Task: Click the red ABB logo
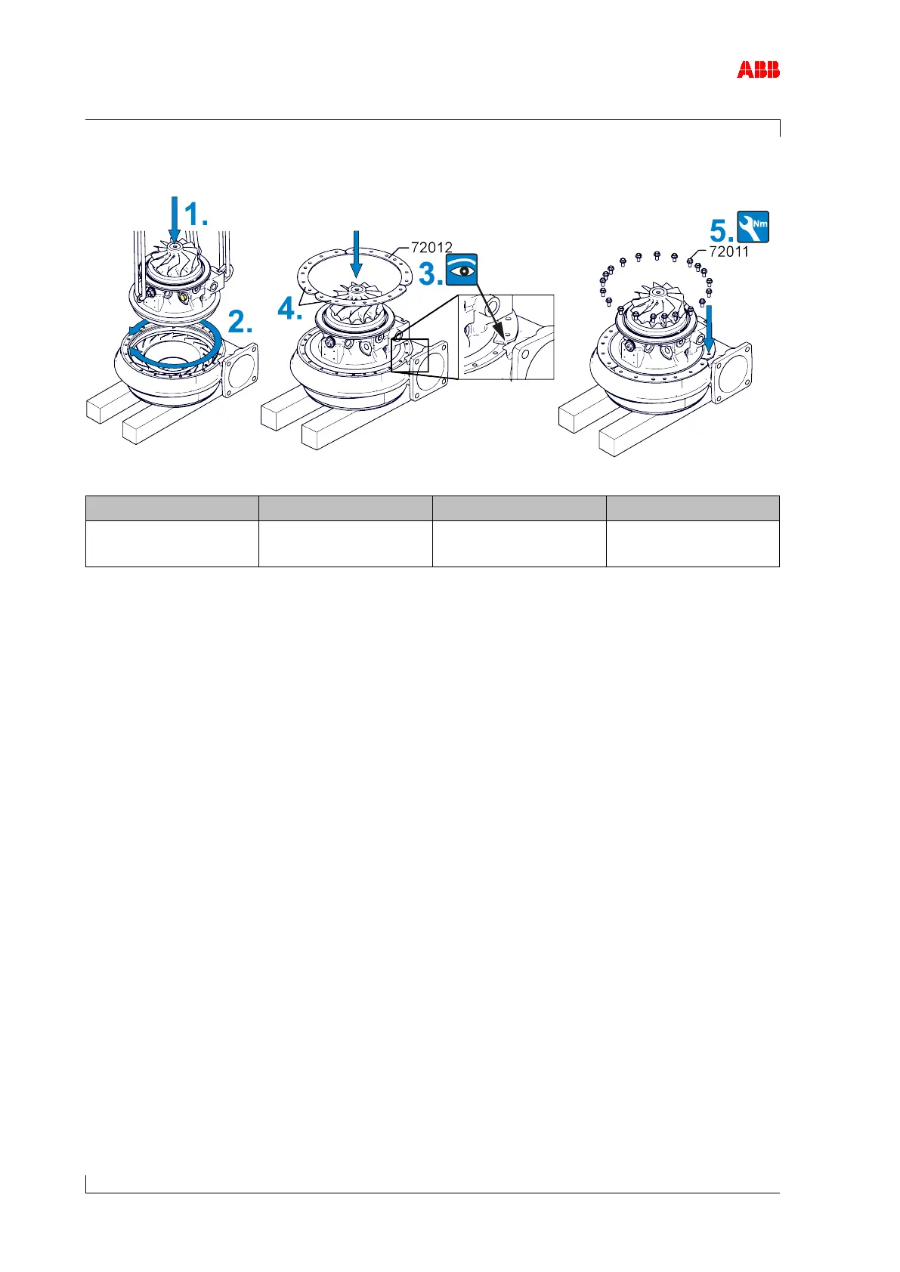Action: pos(758,70)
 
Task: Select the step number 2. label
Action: pos(241,323)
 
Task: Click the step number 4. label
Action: pos(290,307)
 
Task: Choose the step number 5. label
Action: pos(721,230)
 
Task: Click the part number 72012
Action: pos(431,247)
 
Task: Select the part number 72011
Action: pos(728,252)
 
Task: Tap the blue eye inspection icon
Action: pos(462,270)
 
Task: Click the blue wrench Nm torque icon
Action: pos(753,227)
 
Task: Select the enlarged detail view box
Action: pos(506,337)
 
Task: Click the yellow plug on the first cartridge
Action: pos(184,295)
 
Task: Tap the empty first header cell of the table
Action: pos(172,508)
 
